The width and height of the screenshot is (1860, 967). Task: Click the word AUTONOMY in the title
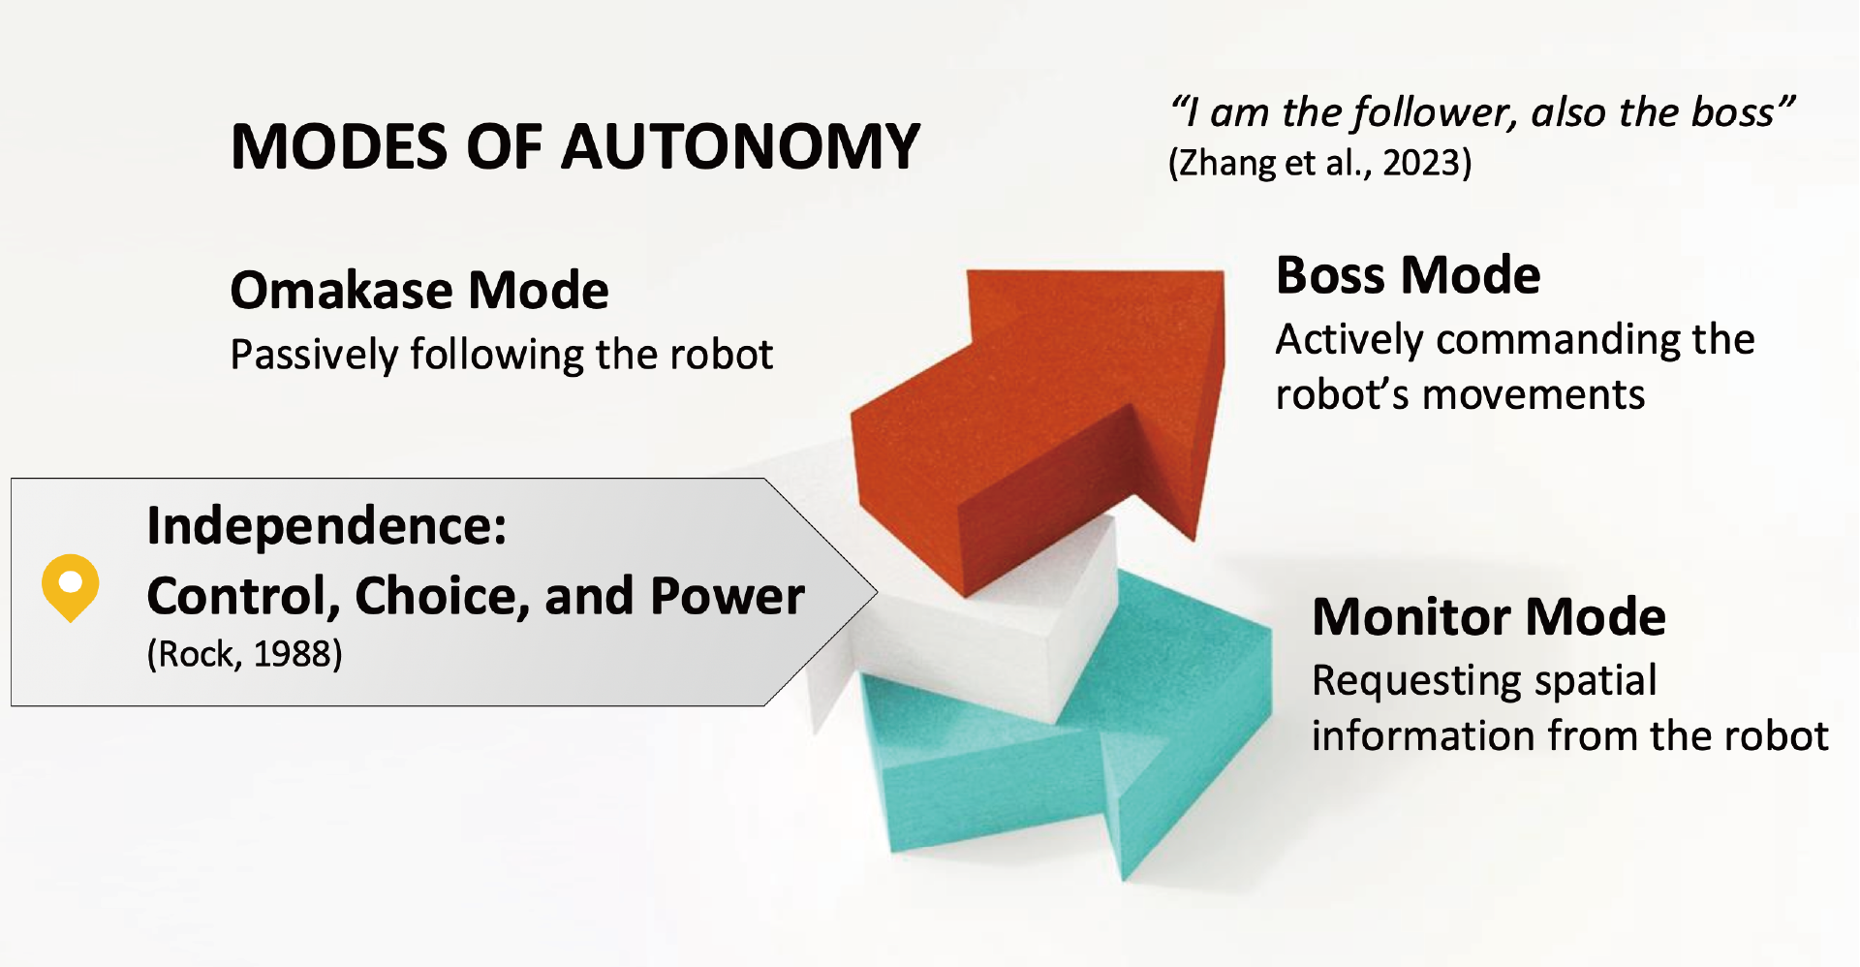741,147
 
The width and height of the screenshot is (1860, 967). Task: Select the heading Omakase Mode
419,290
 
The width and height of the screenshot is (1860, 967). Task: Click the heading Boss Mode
1408,275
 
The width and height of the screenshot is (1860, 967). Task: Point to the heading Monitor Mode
1489,616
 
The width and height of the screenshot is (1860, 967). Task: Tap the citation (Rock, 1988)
244,654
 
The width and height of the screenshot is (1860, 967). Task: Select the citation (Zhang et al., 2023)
1320,163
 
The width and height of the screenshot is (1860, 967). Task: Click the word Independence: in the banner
326,527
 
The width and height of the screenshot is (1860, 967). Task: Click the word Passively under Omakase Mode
313,356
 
